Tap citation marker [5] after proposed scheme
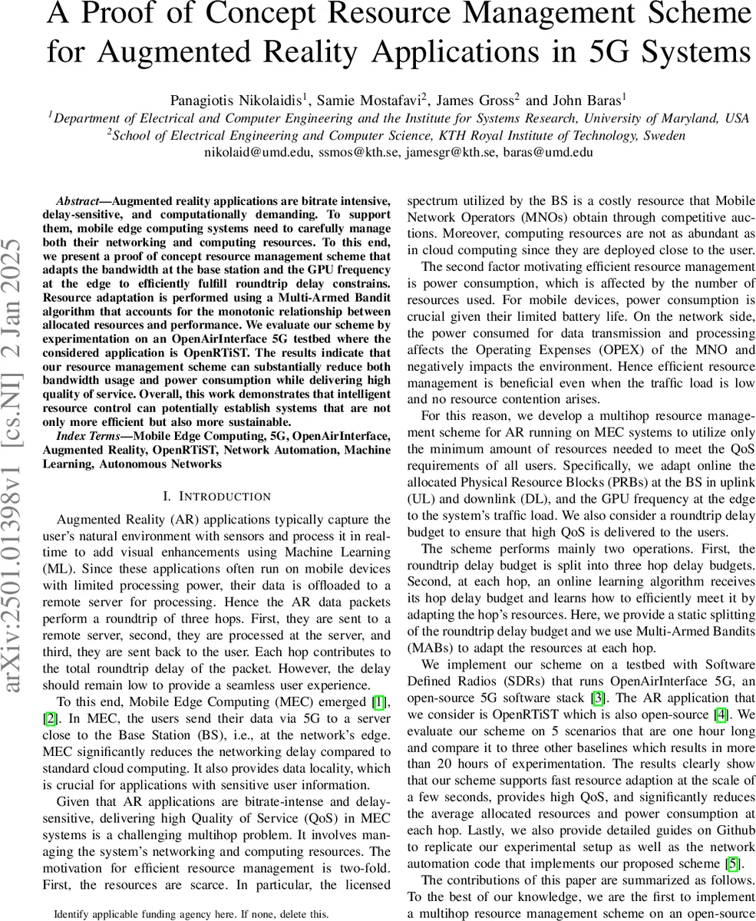coord(734,863)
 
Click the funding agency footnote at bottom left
coord(191,914)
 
